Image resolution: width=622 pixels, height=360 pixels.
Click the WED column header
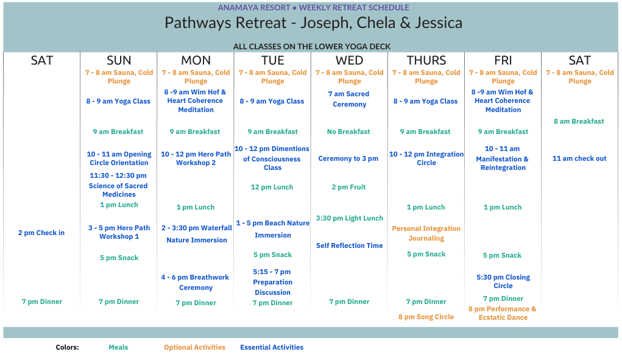(349, 60)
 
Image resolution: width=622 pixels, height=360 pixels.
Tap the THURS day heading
(426, 60)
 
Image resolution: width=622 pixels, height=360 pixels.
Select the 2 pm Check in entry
(41, 233)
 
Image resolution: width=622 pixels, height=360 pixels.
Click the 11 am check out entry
(579, 158)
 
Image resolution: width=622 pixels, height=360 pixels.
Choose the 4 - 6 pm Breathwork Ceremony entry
(195, 282)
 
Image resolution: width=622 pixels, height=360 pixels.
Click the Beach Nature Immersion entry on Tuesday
(272, 229)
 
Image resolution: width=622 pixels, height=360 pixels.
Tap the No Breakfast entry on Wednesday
(348, 132)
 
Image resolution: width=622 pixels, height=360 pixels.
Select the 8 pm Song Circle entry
(426, 317)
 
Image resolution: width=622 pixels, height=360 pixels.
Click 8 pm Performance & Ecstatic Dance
(503, 313)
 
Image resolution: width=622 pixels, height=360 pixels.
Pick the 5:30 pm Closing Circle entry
(503, 281)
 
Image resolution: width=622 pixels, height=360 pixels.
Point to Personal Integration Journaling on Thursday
(426, 233)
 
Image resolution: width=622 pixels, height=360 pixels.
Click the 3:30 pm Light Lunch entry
(350, 218)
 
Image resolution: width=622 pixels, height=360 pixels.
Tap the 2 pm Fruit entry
(348, 187)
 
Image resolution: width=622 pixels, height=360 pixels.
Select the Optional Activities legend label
(194, 347)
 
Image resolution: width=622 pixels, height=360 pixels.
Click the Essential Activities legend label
(272, 347)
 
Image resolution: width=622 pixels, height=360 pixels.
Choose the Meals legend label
(118, 347)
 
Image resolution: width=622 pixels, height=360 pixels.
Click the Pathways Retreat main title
(313, 23)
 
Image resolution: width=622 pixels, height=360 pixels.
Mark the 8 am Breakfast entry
(579, 121)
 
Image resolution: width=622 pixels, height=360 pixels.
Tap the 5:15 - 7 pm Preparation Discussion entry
(272, 282)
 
